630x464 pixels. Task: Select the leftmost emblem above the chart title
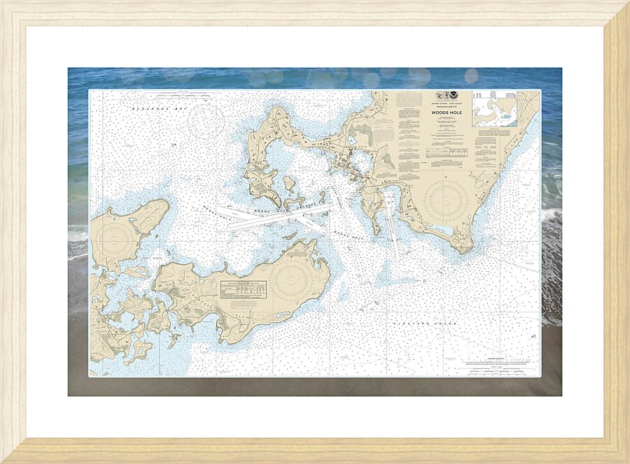coord(437,99)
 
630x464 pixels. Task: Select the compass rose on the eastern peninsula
coord(445,200)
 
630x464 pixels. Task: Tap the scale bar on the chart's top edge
coord(185,92)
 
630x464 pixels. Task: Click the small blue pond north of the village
coord(350,138)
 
